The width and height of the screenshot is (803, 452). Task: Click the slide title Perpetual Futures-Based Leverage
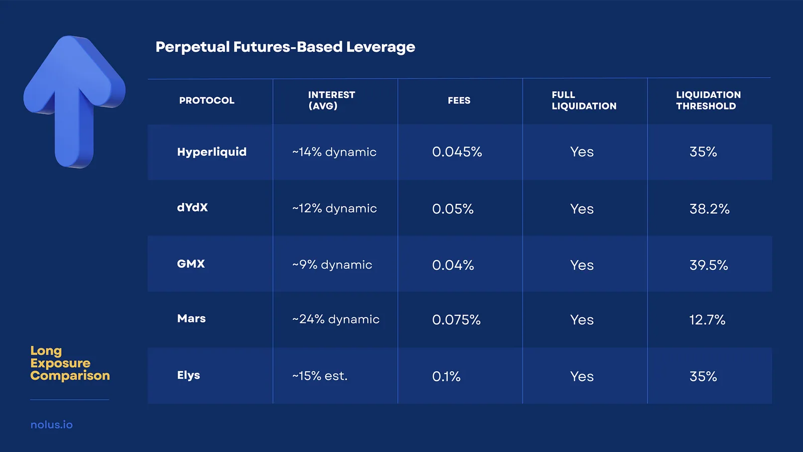coord(285,47)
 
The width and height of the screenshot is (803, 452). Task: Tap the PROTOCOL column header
coord(207,100)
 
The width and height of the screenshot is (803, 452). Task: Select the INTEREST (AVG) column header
coord(331,100)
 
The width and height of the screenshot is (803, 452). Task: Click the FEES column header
coord(459,100)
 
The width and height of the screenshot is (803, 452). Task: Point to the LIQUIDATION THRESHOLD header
coord(708,100)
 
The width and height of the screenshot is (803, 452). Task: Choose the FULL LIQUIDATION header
coord(584,100)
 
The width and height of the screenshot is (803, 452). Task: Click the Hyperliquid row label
coord(212,152)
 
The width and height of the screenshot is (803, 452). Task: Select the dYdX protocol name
coord(192,208)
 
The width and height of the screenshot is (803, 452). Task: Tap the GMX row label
coord(191,264)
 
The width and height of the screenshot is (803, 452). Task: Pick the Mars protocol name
coord(191,319)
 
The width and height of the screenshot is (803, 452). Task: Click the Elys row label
coord(188,376)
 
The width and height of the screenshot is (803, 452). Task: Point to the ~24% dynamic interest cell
coord(336,319)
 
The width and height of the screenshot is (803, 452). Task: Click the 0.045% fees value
coord(457,152)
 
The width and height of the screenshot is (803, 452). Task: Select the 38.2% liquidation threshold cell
coord(709,209)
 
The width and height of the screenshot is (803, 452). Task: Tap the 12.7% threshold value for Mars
coord(707,320)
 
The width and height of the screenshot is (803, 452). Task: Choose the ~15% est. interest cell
coord(320,376)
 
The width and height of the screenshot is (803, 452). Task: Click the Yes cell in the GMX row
coord(582,265)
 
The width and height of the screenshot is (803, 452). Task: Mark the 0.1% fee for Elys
coord(446,377)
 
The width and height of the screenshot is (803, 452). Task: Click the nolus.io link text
coord(52,425)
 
